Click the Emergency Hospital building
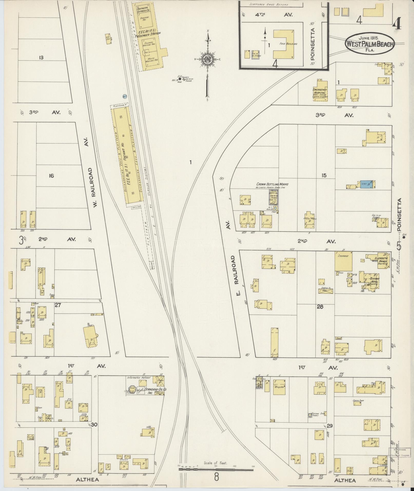point(320,91)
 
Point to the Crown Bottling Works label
point(272,184)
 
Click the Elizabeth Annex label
point(381,259)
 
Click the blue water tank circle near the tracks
point(125,96)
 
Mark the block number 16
point(51,176)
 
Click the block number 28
point(320,306)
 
